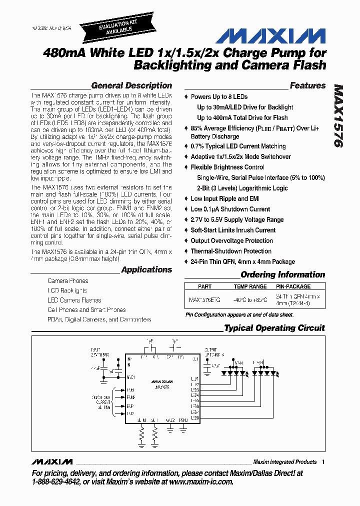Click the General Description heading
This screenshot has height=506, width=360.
[131, 85]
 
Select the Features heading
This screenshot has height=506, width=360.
[307, 85]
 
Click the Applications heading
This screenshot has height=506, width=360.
[146, 269]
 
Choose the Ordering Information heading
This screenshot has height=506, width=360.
[282, 274]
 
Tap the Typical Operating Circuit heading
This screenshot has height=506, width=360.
[274, 328]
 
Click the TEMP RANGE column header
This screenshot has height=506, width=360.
[250, 286]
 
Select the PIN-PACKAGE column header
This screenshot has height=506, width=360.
[293, 286]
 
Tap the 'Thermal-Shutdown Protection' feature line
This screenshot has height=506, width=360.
[231, 251]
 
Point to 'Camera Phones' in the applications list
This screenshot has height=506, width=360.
[67, 281]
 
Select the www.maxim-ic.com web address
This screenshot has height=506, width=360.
[201, 481]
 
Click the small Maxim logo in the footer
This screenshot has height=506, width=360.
[51, 461]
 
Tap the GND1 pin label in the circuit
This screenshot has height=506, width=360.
[131, 376]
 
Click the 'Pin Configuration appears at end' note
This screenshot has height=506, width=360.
[239, 315]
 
